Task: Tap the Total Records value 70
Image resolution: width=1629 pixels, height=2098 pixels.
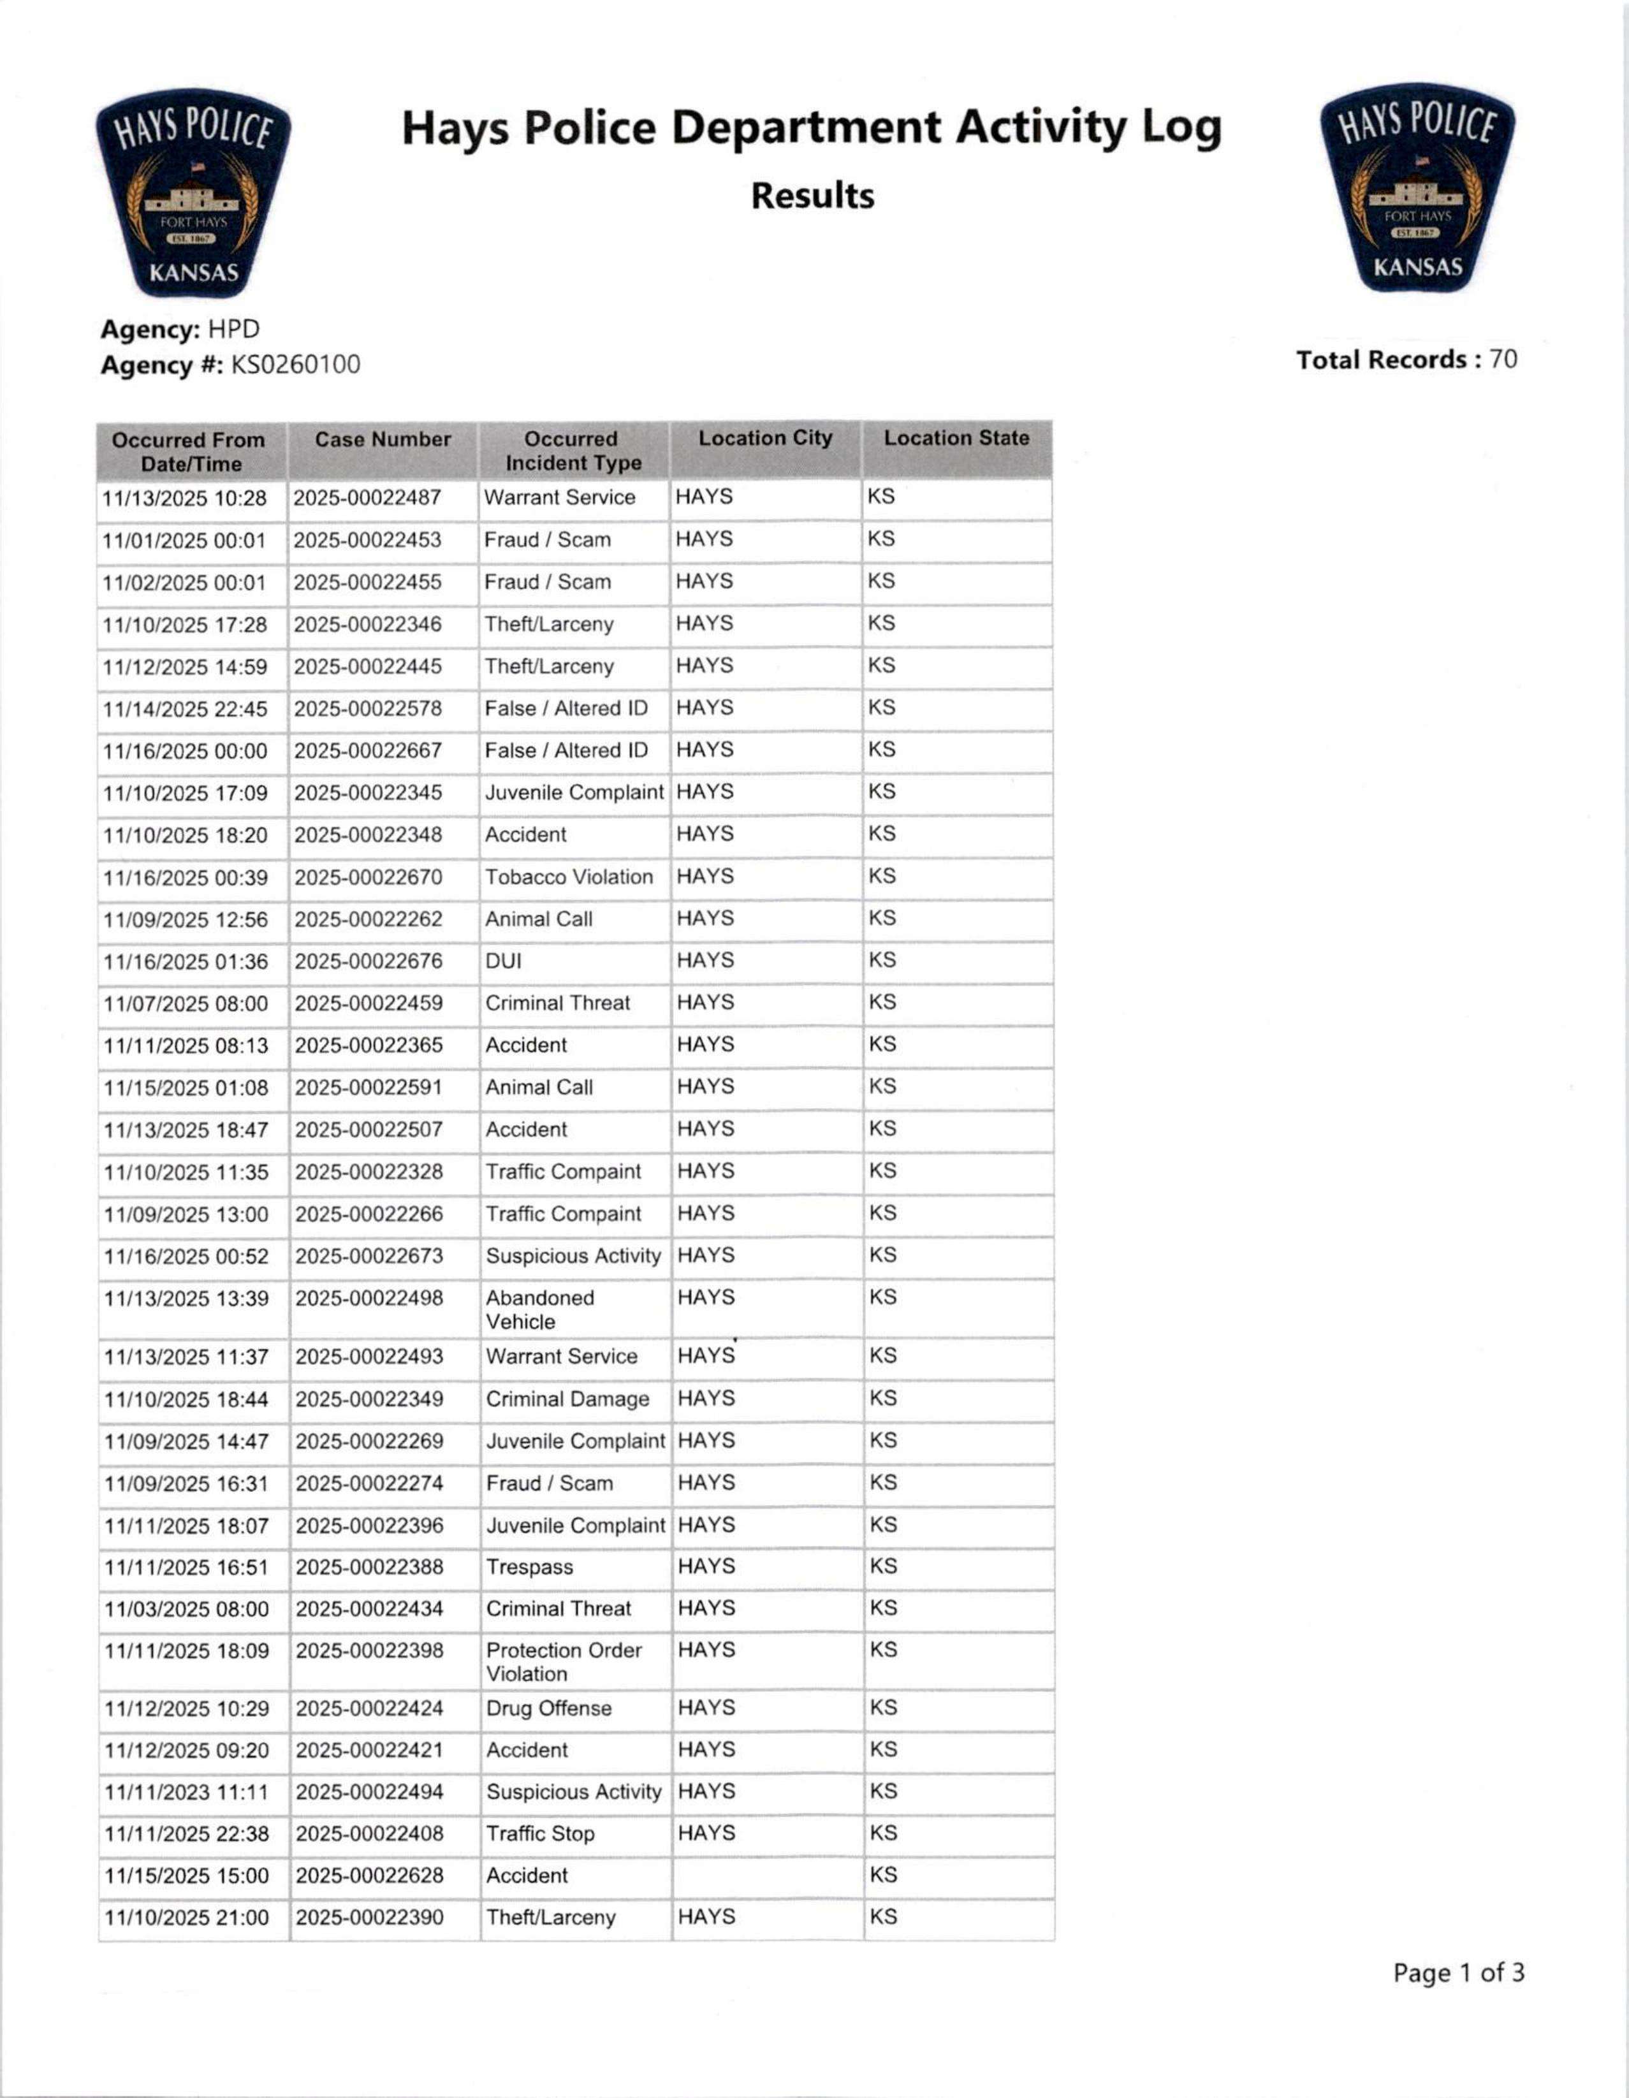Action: coord(1503,360)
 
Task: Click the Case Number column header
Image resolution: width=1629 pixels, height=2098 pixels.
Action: coord(383,440)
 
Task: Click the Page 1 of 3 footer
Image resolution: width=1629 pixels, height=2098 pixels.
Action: coord(1458,1973)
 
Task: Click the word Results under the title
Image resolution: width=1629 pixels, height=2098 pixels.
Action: coord(812,196)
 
